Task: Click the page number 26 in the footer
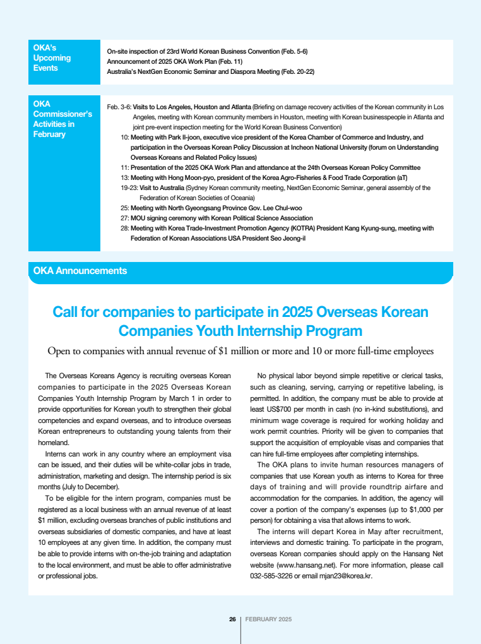pos(232,619)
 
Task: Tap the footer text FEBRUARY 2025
pos(268,619)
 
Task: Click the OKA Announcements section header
pos(80,271)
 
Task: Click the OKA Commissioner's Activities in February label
pos(63,119)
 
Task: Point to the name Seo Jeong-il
pos(285,238)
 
